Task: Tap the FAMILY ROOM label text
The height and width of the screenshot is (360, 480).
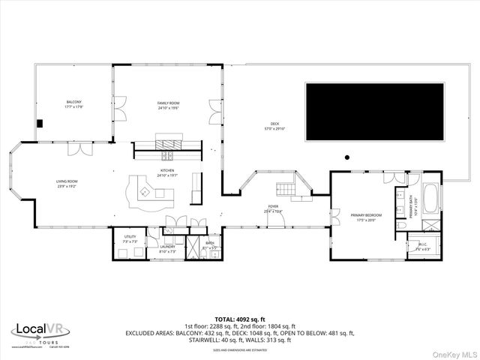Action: tap(168, 104)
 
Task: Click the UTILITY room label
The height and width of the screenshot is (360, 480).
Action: tap(129, 238)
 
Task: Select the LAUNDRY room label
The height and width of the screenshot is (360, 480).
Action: tap(167, 248)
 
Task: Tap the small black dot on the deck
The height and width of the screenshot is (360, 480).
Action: tap(346, 157)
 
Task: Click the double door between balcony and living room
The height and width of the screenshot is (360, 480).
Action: tap(75, 148)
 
